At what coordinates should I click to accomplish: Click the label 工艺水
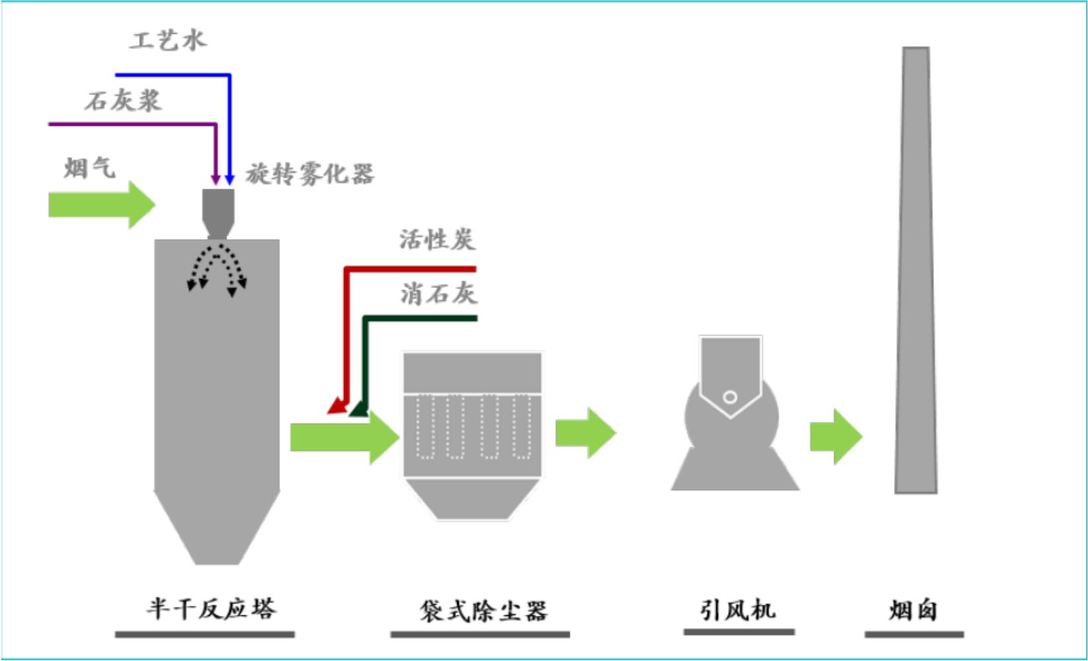168,40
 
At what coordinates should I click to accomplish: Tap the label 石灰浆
123,101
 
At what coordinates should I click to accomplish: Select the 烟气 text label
90,168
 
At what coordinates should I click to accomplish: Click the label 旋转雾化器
310,174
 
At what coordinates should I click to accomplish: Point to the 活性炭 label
437,240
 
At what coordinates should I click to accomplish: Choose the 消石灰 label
439,293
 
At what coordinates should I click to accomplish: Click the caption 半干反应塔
211,609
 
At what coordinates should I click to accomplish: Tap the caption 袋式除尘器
484,611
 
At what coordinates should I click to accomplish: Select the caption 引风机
737,610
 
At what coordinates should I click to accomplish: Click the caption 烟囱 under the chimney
913,610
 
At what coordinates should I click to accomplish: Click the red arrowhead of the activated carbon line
338,406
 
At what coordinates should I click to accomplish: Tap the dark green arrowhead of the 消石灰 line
360,408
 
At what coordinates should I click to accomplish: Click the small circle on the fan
730,397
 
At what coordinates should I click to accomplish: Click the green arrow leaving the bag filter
586,433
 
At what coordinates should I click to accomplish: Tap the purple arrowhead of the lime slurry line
215,179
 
